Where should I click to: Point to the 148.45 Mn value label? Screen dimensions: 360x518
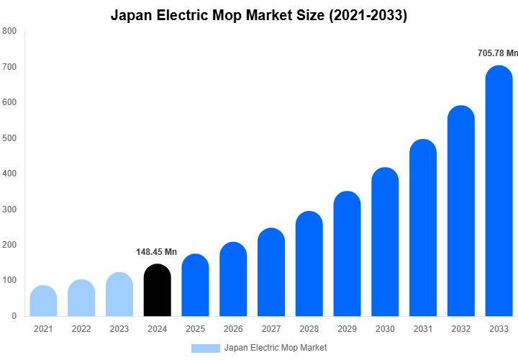[156, 252]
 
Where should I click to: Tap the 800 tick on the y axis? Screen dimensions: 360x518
[9, 32]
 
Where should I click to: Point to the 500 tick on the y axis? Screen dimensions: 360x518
[9, 138]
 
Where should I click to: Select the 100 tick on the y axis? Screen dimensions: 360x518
[9, 280]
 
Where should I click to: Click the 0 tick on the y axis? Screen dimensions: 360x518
[14, 316]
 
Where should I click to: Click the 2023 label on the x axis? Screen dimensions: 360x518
[119, 329]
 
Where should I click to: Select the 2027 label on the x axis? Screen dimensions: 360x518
[271, 329]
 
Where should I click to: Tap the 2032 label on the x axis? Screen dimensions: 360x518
[461, 329]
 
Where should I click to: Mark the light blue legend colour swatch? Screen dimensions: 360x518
[205, 348]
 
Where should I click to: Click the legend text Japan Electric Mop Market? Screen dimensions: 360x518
[276, 348]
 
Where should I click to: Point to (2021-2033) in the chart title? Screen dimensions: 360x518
[368, 15]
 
